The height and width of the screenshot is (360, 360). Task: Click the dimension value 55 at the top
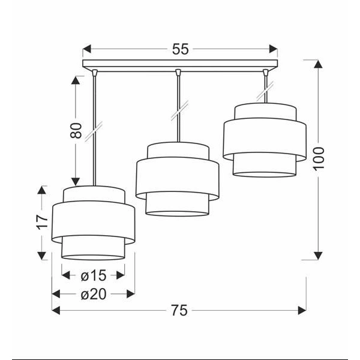(x=180, y=49)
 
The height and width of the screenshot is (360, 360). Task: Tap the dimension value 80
(x=76, y=130)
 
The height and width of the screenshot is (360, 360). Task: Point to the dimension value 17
(x=41, y=221)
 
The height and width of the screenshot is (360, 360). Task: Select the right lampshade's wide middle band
(x=265, y=139)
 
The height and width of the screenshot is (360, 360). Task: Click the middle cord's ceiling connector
(x=178, y=73)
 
